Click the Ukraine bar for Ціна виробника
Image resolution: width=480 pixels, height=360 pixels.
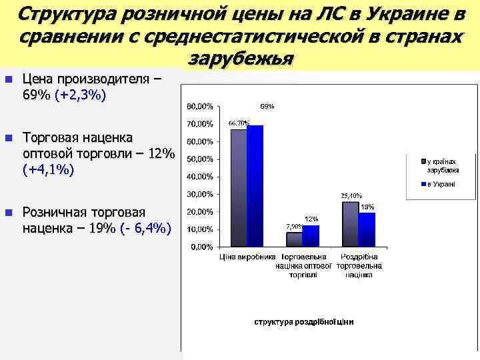(255, 186)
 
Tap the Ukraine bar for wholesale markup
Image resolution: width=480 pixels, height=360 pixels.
(311, 236)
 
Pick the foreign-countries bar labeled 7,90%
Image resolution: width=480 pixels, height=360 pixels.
(293, 239)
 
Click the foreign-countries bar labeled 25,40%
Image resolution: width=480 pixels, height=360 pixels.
(350, 224)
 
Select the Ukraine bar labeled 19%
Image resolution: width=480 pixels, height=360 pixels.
(367, 229)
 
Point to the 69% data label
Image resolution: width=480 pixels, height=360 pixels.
(267, 106)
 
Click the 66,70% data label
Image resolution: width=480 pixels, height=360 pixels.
(239, 123)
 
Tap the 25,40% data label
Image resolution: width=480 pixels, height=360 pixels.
(351, 195)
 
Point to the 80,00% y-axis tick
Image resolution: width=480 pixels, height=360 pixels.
(200, 107)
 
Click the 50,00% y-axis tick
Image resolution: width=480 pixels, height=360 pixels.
(200, 159)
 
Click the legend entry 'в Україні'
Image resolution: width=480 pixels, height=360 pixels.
(441, 183)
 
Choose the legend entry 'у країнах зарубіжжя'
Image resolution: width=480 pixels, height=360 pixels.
(442, 165)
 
